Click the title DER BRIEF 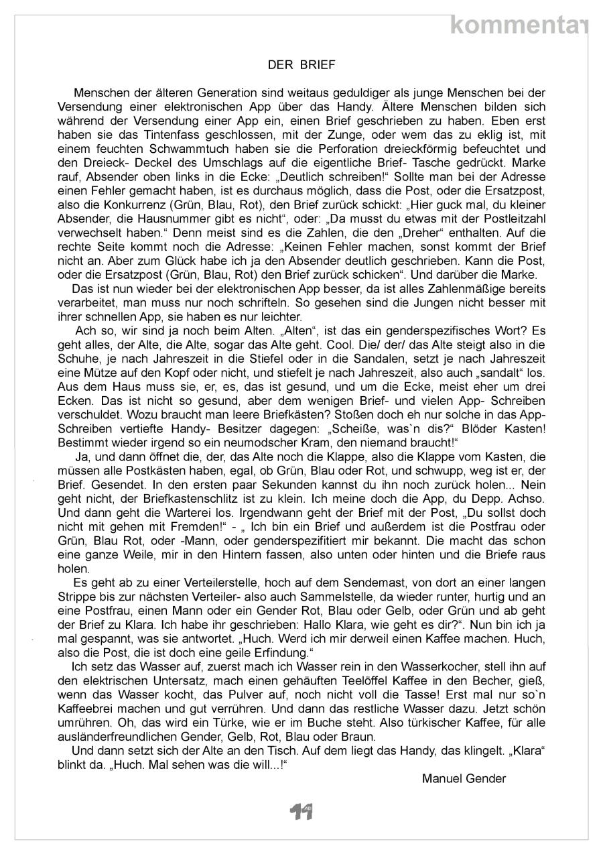[x=301, y=65]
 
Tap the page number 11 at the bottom [x=301, y=812]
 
